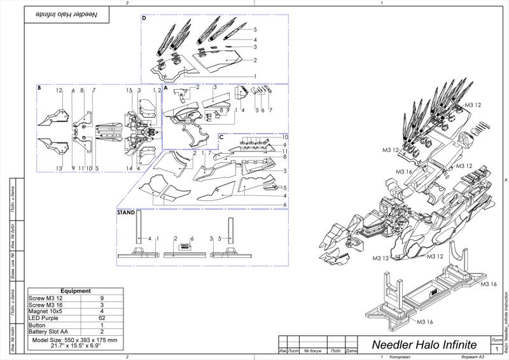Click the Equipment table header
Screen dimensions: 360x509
[x=75, y=291]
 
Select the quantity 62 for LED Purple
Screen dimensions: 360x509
[x=102, y=317]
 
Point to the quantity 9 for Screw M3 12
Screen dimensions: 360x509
[x=102, y=298]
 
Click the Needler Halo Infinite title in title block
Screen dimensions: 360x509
[x=424, y=345]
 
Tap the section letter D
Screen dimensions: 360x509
[x=144, y=18]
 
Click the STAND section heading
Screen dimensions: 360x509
[x=126, y=213]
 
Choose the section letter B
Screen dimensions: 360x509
[x=39, y=88]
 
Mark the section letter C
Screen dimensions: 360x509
[x=221, y=137]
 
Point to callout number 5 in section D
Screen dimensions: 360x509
[x=254, y=30]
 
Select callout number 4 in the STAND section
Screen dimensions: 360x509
[x=150, y=239]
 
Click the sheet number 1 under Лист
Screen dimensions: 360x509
[x=496, y=349]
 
